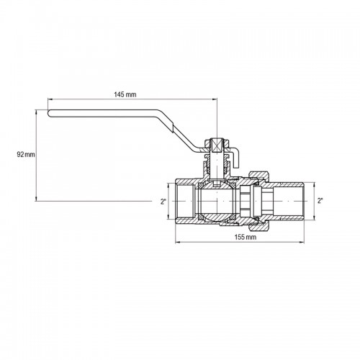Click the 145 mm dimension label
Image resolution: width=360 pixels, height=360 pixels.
point(125,94)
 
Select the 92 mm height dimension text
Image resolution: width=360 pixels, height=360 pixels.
point(26,155)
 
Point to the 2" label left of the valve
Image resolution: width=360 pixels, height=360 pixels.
point(163,202)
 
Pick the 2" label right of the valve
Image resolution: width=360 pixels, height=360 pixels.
point(320,201)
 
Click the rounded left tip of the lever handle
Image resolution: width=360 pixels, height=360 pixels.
point(50,114)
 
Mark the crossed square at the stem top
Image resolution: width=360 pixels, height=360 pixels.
point(217,145)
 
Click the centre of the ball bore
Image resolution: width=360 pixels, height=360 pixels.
point(217,201)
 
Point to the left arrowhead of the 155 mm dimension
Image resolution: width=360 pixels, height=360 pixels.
point(177,242)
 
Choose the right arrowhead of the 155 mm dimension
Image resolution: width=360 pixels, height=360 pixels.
point(302,242)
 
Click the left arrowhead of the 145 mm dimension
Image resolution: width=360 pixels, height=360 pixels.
point(50,99)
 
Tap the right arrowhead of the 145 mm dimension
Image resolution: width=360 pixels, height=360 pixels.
point(215,99)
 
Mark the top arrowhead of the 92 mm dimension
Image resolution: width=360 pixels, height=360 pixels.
point(36,112)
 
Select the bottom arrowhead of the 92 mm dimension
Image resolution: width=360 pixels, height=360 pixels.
point(36,199)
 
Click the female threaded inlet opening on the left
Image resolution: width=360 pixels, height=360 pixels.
point(184,201)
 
